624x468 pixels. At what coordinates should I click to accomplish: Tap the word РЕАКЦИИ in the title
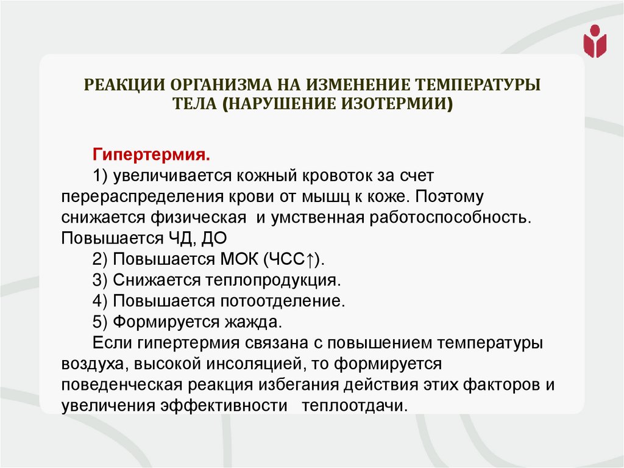[x=126, y=84]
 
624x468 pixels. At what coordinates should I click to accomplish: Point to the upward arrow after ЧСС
[x=310, y=259]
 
